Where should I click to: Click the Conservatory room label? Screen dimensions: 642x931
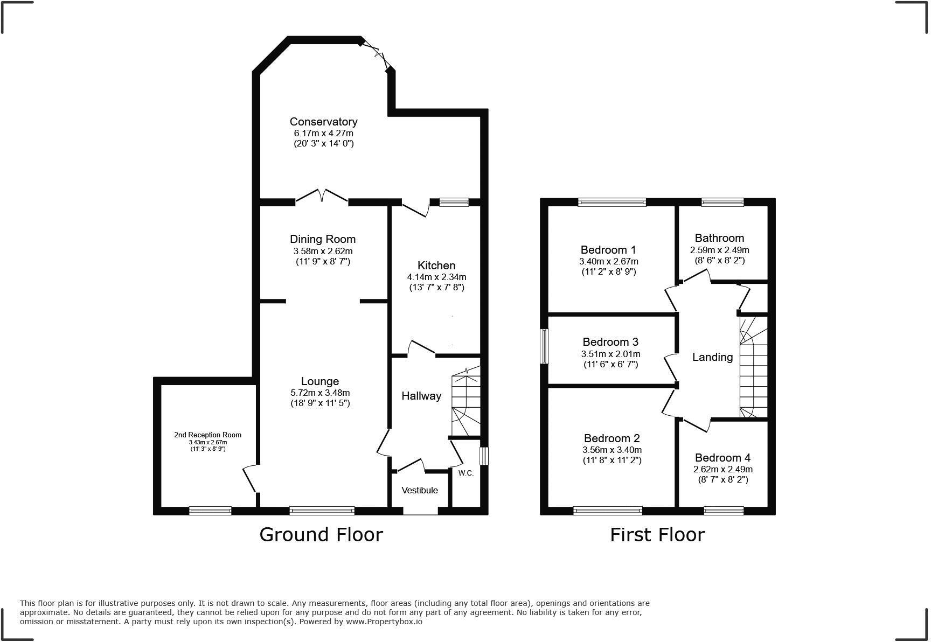[323, 122]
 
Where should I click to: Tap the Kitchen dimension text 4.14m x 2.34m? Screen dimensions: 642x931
[436, 277]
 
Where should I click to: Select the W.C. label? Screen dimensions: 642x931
[466, 473]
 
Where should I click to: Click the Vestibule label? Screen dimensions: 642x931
[420, 490]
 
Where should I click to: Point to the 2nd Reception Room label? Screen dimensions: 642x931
[207, 435]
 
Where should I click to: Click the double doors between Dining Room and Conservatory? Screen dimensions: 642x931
[322, 197]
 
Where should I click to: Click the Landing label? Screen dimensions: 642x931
[712, 357]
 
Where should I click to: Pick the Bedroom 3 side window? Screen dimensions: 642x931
[545, 346]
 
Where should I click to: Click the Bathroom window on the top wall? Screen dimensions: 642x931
[722, 203]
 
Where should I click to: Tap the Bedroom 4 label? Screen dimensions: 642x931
[722, 458]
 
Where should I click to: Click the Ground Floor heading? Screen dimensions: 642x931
[321, 534]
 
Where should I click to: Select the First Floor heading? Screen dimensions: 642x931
[657, 534]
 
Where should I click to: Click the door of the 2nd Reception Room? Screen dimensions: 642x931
[250, 478]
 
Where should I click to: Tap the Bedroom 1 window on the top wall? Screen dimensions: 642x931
[612, 203]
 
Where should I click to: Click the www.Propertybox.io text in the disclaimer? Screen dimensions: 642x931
[384, 622]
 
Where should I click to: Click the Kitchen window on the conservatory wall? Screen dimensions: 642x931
[454, 203]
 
